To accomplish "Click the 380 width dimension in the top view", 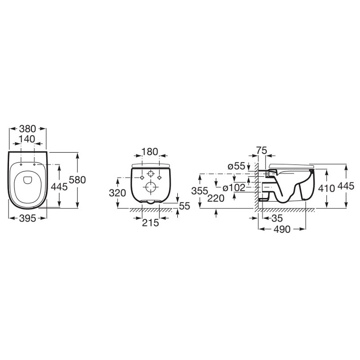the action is click(27, 129).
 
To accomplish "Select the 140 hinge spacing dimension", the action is click(27, 139).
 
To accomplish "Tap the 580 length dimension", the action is click(77, 180).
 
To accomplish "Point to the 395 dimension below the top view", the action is click(27, 218).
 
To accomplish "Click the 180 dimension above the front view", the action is click(150, 152).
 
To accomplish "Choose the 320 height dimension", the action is click(117, 193).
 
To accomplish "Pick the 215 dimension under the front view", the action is click(150, 222).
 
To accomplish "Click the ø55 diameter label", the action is click(237, 166).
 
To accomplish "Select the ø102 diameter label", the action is click(234, 188).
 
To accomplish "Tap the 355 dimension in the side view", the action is click(200, 191).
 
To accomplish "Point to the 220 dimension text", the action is click(216, 198).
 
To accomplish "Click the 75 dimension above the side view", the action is click(262, 151).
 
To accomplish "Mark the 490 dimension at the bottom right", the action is click(282, 229).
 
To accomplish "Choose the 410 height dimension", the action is click(327, 188).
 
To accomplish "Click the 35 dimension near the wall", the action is click(277, 218).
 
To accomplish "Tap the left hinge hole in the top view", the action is click(21, 164).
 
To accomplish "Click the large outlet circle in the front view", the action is click(150, 187).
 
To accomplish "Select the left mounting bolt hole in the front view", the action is click(142, 177).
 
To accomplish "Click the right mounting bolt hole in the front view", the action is click(159, 177).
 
